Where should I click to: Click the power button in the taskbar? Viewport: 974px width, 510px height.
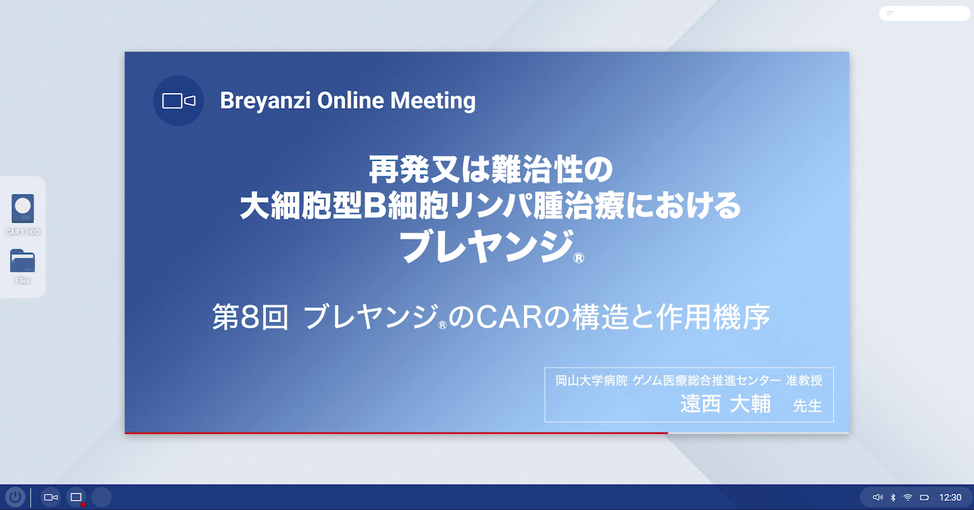point(15,497)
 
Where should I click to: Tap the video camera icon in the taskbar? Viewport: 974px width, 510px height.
point(51,497)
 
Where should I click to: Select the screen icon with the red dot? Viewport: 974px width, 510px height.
point(76,497)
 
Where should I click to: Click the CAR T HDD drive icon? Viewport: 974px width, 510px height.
point(23,209)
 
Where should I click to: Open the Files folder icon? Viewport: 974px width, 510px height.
point(23,261)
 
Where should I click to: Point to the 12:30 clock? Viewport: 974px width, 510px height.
point(950,498)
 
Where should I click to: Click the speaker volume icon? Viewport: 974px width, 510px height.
point(878,498)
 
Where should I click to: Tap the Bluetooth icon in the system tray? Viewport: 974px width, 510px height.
point(893,498)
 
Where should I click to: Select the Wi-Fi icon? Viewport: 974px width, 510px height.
point(908,498)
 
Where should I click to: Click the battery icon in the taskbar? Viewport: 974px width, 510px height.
point(924,498)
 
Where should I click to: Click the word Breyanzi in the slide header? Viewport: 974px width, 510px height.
point(265,101)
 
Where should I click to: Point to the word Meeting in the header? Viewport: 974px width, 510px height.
point(433,101)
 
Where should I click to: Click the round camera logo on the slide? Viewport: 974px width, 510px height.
point(179,101)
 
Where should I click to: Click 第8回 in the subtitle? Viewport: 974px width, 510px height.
point(250,317)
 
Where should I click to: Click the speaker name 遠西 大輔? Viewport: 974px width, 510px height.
point(725,404)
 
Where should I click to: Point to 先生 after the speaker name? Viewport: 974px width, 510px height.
point(807,406)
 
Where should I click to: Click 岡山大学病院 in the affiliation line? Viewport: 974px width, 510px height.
point(591,381)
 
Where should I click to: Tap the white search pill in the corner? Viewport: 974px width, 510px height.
point(924,14)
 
